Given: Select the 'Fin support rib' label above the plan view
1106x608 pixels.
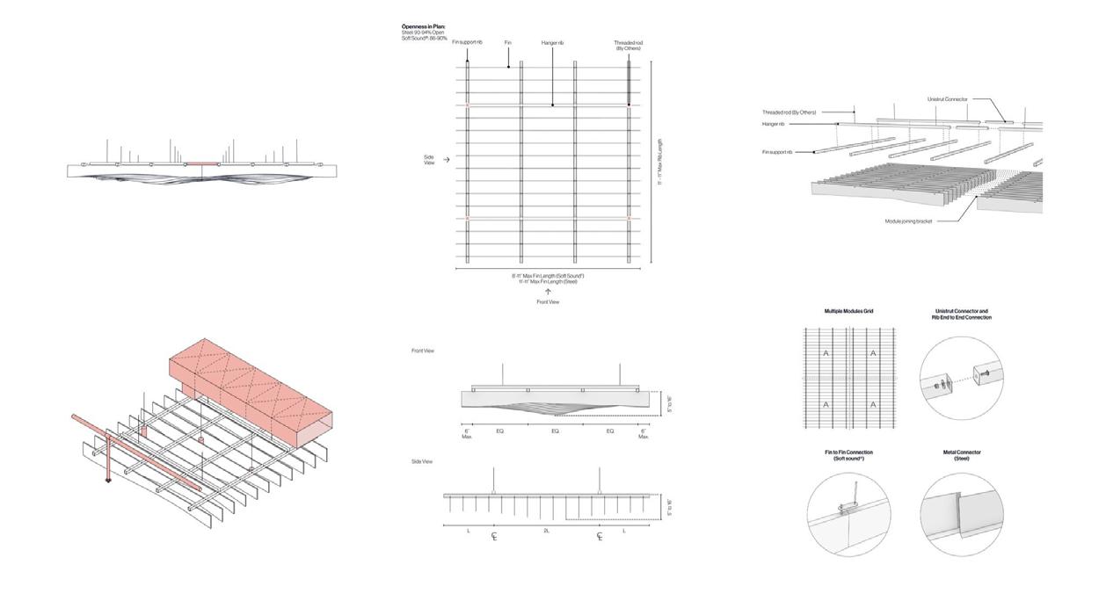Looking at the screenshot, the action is click(x=467, y=42).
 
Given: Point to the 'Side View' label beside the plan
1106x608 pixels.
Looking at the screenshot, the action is click(x=429, y=160).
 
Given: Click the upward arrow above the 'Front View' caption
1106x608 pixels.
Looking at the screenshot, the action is click(x=547, y=291).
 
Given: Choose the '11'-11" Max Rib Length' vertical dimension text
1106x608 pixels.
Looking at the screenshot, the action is click(x=659, y=161).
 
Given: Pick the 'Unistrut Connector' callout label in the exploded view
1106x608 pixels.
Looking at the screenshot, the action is click(x=947, y=99).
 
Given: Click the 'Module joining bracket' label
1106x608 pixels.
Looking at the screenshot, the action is click(x=908, y=221).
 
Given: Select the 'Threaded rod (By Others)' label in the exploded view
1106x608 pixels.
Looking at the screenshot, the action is click(x=789, y=112).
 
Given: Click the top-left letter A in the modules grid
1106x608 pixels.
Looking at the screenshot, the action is click(x=826, y=353).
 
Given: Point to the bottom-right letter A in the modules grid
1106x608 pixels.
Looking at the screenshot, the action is click(x=873, y=405).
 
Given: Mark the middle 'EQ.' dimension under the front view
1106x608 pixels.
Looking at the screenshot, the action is click(x=555, y=432).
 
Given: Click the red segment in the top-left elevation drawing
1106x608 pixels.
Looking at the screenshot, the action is click(x=201, y=163).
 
